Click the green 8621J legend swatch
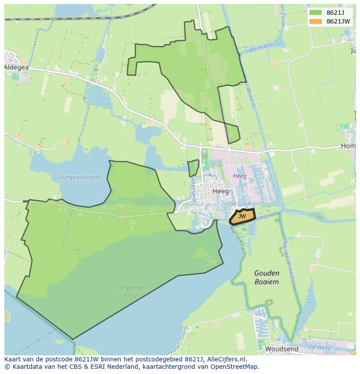(316, 12)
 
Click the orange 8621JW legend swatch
(316, 21)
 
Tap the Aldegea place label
(16, 67)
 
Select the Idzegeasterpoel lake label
(79, 177)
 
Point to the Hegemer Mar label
(130, 292)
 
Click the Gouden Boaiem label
(267, 277)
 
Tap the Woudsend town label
(281, 349)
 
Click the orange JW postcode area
(242, 216)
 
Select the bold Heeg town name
(220, 191)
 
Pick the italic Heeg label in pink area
(240, 176)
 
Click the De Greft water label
(238, 204)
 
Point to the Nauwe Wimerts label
(289, 261)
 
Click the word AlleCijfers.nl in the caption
(226, 359)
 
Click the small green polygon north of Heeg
(193, 168)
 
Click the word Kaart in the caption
(13, 359)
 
